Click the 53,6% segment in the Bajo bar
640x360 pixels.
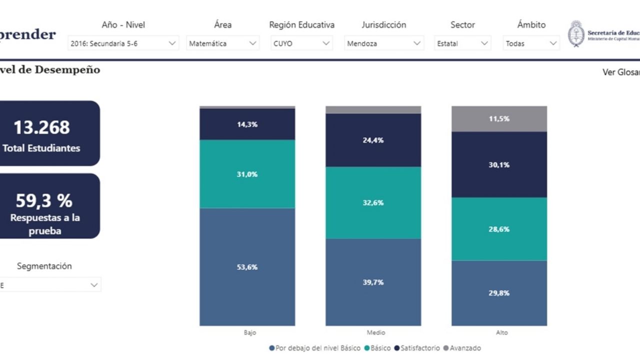click(247, 267)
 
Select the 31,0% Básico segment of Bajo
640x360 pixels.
click(247, 174)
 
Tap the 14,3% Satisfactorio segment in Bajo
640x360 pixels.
click(247, 124)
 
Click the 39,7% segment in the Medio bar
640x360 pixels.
click(373, 282)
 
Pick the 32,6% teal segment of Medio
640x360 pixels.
click(373, 202)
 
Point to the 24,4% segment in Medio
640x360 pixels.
click(373, 140)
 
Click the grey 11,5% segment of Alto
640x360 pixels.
click(499, 119)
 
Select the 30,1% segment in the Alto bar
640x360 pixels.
click(499, 164)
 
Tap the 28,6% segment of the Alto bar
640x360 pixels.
click(499, 229)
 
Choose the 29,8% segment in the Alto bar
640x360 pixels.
click(499, 293)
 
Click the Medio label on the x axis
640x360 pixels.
click(375, 332)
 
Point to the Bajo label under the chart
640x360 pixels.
click(250, 332)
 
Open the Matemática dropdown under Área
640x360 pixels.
click(222, 43)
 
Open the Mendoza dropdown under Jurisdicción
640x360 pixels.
click(384, 43)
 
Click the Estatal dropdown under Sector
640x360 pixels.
click(462, 43)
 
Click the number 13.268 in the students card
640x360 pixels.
click(41, 127)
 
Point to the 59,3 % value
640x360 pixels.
click(44, 200)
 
